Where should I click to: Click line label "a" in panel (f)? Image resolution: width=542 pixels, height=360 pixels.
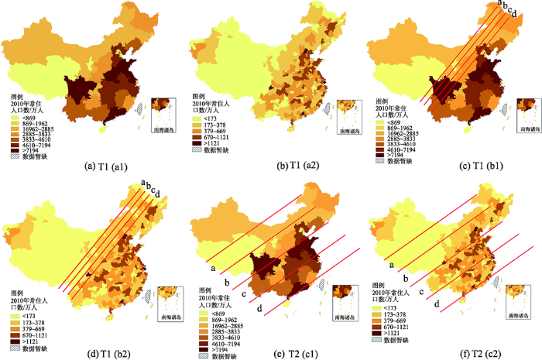tap(391, 263)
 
